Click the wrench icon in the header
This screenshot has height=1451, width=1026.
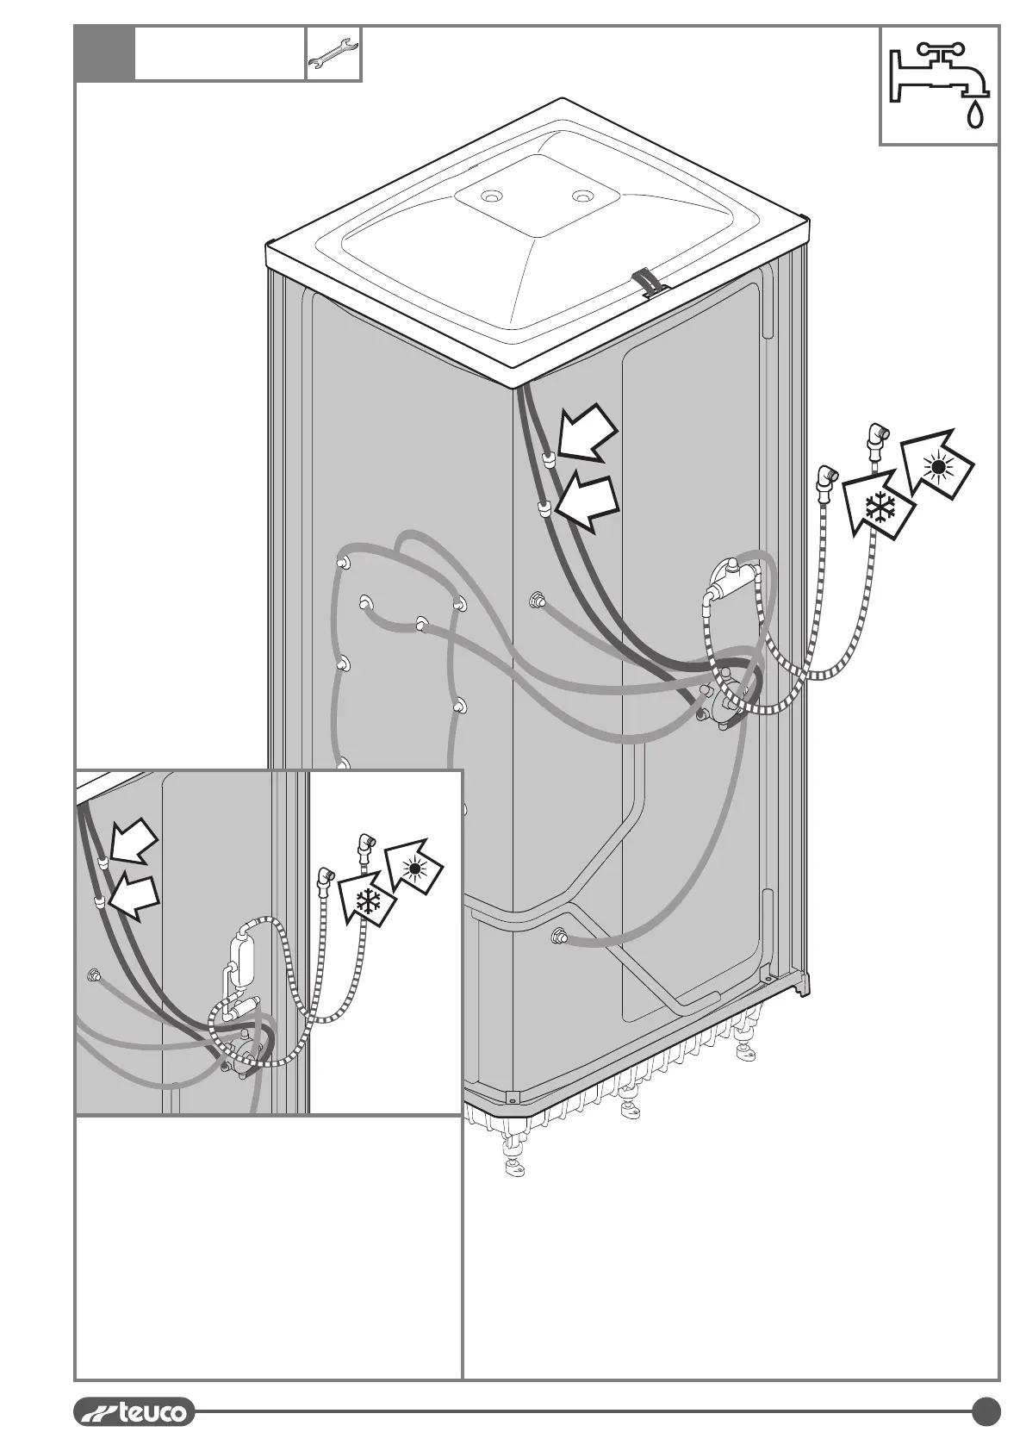pyautogui.click(x=333, y=53)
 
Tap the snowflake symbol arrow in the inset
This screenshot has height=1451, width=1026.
pyautogui.click(x=369, y=903)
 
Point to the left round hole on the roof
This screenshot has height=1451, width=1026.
pyautogui.click(x=492, y=197)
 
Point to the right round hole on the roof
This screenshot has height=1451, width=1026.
pyautogui.click(x=584, y=196)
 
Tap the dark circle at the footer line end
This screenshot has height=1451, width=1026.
pyautogui.click(x=986, y=1411)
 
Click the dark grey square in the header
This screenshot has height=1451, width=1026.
pyautogui.click(x=104, y=53)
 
